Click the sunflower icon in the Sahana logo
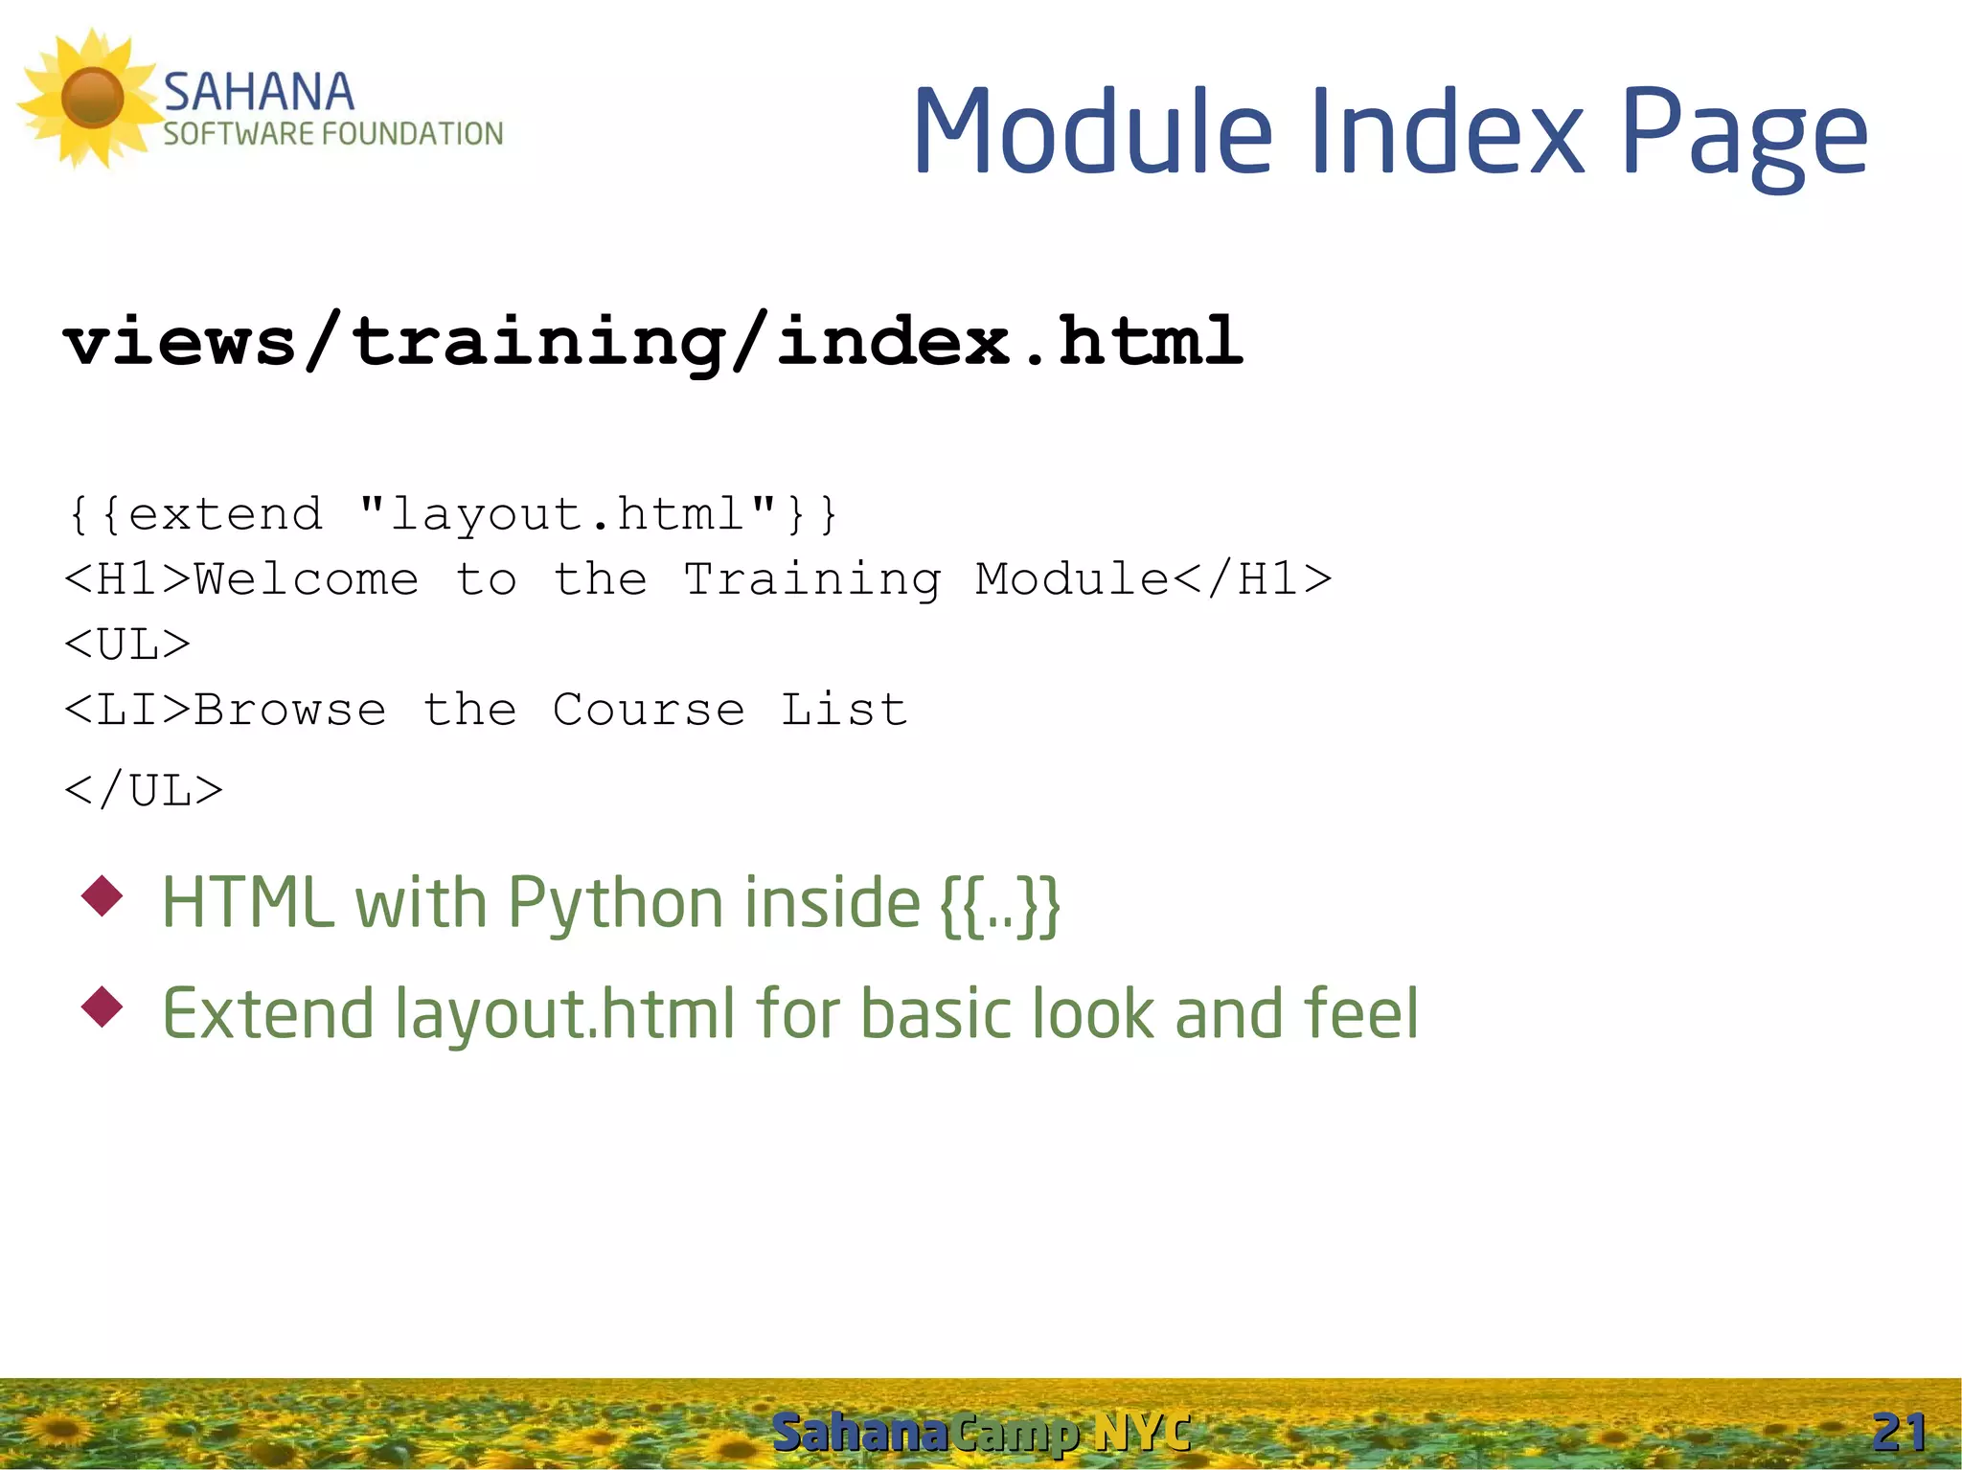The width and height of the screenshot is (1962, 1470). pos(91,98)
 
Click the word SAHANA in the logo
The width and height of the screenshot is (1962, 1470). pos(259,93)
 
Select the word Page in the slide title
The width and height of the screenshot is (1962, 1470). pos(1744,134)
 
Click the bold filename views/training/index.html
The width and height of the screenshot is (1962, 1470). pos(652,341)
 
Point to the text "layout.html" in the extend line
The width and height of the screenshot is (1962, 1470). pos(567,514)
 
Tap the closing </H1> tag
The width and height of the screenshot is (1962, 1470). pos(1251,579)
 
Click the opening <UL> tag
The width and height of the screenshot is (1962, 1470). pos(127,645)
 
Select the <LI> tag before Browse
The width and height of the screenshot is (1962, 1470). pos(127,710)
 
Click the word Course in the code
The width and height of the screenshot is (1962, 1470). pos(649,710)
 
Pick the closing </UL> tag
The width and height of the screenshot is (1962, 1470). pos(144,791)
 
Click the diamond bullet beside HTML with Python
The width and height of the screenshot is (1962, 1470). pos(103,896)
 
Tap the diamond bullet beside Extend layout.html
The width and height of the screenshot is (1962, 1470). pos(103,1007)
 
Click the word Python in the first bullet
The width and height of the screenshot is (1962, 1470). pos(615,904)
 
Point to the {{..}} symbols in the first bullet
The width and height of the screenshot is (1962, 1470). pos(1000,904)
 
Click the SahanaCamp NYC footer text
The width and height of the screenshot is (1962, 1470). pos(981,1433)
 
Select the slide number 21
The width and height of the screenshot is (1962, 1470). pos(1899,1433)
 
